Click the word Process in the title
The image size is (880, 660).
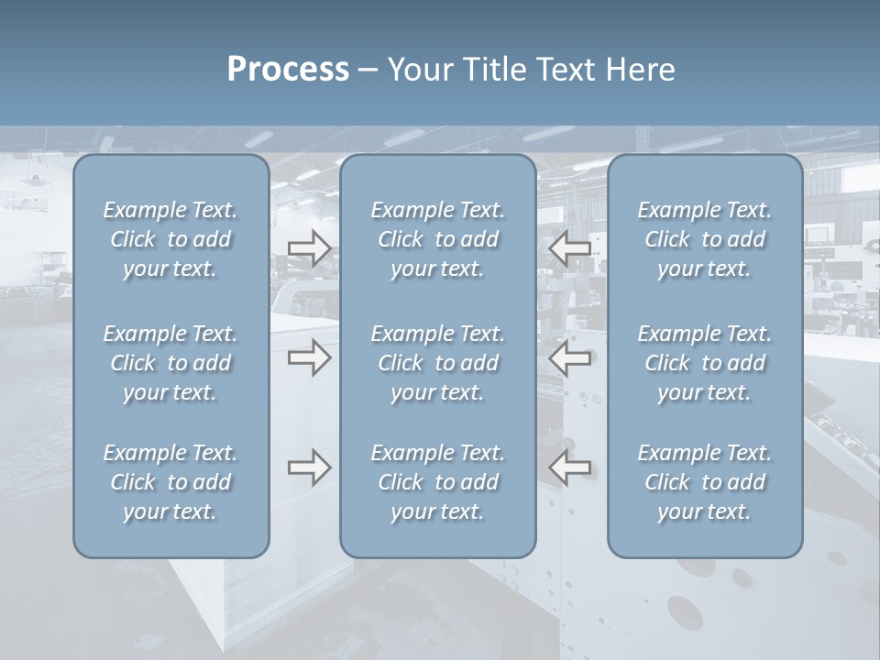pos(288,70)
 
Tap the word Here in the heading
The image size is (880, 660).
pos(641,70)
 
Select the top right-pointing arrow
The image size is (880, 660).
pos(309,248)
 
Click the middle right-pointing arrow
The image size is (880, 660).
pos(309,357)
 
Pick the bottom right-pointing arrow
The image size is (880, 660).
pos(309,467)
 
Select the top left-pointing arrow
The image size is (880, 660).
pos(570,248)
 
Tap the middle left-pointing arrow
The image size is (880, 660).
pos(570,357)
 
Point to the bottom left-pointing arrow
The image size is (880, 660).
pos(570,467)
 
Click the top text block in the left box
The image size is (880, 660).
pos(170,239)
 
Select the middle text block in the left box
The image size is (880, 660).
pos(170,363)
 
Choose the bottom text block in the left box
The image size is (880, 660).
pos(170,482)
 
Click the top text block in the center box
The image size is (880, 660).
pos(437,239)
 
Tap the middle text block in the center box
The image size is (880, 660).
pos(437,363)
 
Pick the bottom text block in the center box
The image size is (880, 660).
pos(437,482)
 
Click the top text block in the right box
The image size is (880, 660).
pos(705,239)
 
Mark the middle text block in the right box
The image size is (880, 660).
pos(705,363)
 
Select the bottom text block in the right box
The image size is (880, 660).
pos(705,482)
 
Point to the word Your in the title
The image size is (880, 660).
pos(418,70)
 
